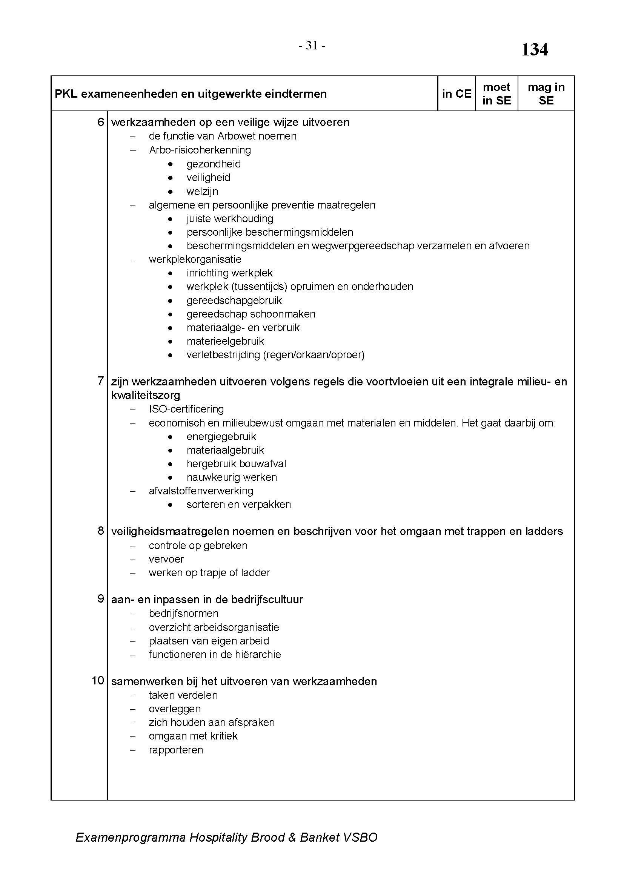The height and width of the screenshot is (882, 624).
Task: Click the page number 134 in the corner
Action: pyautogui.click(x=535, y=50)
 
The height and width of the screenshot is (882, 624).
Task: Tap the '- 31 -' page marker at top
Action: pyautogui.click(x=312, y=46)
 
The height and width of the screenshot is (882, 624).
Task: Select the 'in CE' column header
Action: pyautogui.click(x=456, y=94)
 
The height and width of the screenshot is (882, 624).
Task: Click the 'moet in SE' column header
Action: pyautogui.click(x=496, y=94)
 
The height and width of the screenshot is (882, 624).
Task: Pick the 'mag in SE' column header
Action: pyautogui.click(x=546, y=94)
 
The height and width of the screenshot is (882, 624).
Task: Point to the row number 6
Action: pyautogui.click(x=101, y=122)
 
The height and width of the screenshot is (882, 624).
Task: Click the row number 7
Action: pyautogui.click(x=101, y=381)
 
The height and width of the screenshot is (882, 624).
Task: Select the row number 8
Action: pyautogui.click(x=101, y=531)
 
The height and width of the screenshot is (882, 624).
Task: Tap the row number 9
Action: pyautogui.click(x=101, y=599)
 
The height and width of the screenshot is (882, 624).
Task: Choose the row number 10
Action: pyautogui.click(x=98, y=681)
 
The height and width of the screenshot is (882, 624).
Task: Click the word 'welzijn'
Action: pyautogui.click(x=202, y=191)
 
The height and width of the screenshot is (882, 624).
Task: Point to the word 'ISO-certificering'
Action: pyautogui.click(x=186, y=409)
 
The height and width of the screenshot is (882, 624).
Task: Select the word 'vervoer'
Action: pyautogui.click(x=166, y=559)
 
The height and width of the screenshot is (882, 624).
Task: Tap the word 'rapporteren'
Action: pyautogui.click(x=176, y=750)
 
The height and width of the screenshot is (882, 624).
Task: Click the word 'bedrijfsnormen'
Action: pyautogui.click(x=184, y=614)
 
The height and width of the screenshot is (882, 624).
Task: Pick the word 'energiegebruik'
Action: pyautogui.click(x=221, y=437)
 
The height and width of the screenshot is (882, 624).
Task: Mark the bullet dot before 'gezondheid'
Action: pyautogui.click(x=171, y=164)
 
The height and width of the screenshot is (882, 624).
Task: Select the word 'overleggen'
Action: pyautogui.click(x=175, y=709)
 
